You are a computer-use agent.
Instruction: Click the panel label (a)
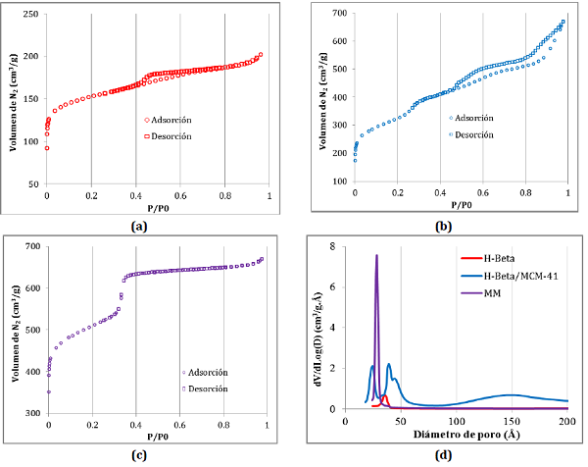coord(144,226)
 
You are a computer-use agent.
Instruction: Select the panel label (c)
coord(144,453)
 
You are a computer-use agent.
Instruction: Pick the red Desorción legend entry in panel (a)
coord(171,135)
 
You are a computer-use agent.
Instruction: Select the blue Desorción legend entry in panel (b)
coord(469,133)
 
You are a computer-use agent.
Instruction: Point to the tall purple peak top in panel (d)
coord(376,255)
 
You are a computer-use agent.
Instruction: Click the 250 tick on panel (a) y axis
coord(31,15)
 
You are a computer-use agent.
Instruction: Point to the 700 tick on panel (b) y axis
coord(338,13)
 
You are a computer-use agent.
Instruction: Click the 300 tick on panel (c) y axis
coord(31,414)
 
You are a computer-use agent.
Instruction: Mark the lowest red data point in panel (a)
coord(47,148)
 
